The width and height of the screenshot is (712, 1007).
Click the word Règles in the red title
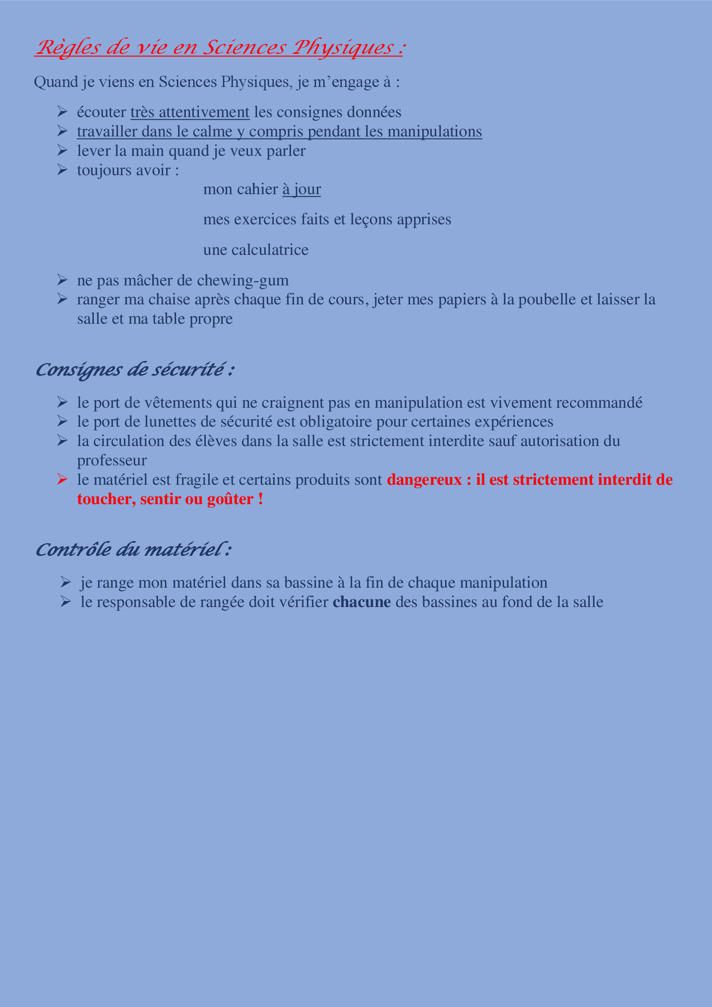[x=68, y=47]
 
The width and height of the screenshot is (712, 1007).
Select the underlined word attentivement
[x=204, y=112]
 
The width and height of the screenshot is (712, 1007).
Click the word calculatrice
[x=269, y=250]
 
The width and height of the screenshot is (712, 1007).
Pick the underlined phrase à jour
[x=302, y=189]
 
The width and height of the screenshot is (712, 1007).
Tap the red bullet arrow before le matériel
[x=62, y=479]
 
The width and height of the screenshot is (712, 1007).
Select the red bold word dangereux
[x=424, y=480]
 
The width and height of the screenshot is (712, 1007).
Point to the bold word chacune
[x=362, y=602]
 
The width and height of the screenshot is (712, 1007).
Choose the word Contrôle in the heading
[x=73, y=550]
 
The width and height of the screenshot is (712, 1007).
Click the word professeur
[x=112, y=461]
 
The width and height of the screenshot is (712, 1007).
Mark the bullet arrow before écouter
[x=62, y=112]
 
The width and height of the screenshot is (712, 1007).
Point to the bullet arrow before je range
[x=66, y=583]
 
